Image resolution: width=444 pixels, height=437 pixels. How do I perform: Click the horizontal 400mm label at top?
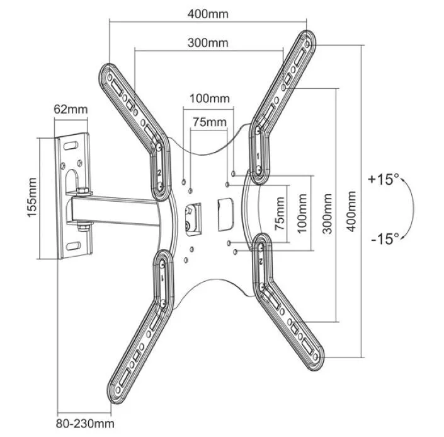[x=208, y=12]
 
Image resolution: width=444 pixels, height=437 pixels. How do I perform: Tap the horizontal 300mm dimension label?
[x=208, y=43]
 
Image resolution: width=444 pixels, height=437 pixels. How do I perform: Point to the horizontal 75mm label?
[x=208, y=122]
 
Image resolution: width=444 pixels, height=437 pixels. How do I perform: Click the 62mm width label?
[x=71, y=108]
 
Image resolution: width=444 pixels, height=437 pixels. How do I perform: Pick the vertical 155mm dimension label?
[x=33, y=198]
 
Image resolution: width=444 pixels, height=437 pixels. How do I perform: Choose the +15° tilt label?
[x=384, y=180]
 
